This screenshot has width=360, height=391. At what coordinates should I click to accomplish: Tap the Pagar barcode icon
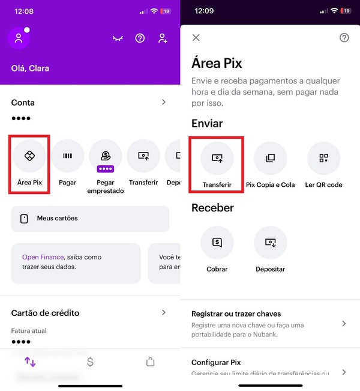point(68,156)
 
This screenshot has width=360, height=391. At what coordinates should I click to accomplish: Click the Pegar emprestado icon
point(106,156)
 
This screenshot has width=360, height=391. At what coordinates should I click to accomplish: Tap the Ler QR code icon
point(323,158)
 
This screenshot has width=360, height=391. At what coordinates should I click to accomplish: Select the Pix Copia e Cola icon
point(270,158)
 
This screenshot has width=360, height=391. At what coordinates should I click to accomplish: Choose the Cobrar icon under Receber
point(217,243)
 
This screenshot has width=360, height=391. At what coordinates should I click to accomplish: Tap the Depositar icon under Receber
point(270,243)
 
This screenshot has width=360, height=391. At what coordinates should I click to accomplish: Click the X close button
point(196,38)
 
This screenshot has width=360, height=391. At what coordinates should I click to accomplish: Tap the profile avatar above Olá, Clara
point(19,38)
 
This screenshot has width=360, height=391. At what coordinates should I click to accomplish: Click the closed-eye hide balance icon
point(118,38)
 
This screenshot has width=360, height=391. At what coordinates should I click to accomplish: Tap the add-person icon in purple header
point(163,38)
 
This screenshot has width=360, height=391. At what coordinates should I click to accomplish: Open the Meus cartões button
point(90,219)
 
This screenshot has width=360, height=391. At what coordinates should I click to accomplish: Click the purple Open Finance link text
point(43,257)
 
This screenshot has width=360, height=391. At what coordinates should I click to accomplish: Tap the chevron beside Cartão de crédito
point(164,312)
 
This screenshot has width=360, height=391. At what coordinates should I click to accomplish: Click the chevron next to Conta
point(164,102)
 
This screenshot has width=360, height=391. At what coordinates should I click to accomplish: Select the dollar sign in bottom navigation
point(90,362)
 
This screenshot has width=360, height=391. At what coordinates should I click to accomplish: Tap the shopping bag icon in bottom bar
point(150,362)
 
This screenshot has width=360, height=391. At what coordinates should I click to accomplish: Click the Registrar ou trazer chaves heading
point(236,314)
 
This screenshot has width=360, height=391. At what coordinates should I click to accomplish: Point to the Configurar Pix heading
point(215,362)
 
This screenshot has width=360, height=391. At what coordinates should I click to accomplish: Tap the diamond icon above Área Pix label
point(29,156)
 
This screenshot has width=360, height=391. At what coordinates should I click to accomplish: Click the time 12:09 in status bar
point(204,11)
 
